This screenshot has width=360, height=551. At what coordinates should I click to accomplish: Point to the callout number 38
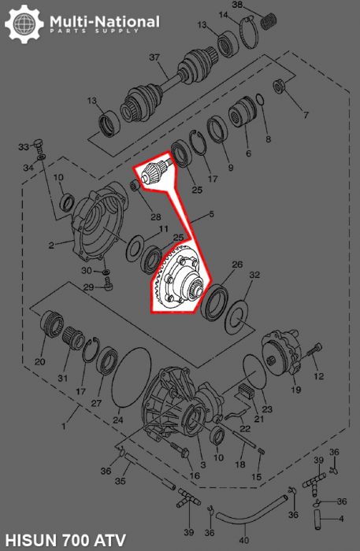259,6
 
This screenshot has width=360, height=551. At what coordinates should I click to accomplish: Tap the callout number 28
156,217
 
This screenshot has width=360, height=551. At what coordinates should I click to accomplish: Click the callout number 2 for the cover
50,245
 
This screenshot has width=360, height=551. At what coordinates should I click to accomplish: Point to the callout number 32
254,275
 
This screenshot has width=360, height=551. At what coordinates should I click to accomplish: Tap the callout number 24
118,420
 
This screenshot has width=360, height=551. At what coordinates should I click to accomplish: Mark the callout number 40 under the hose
243,540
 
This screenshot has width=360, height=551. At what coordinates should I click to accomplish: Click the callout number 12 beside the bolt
319,376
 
